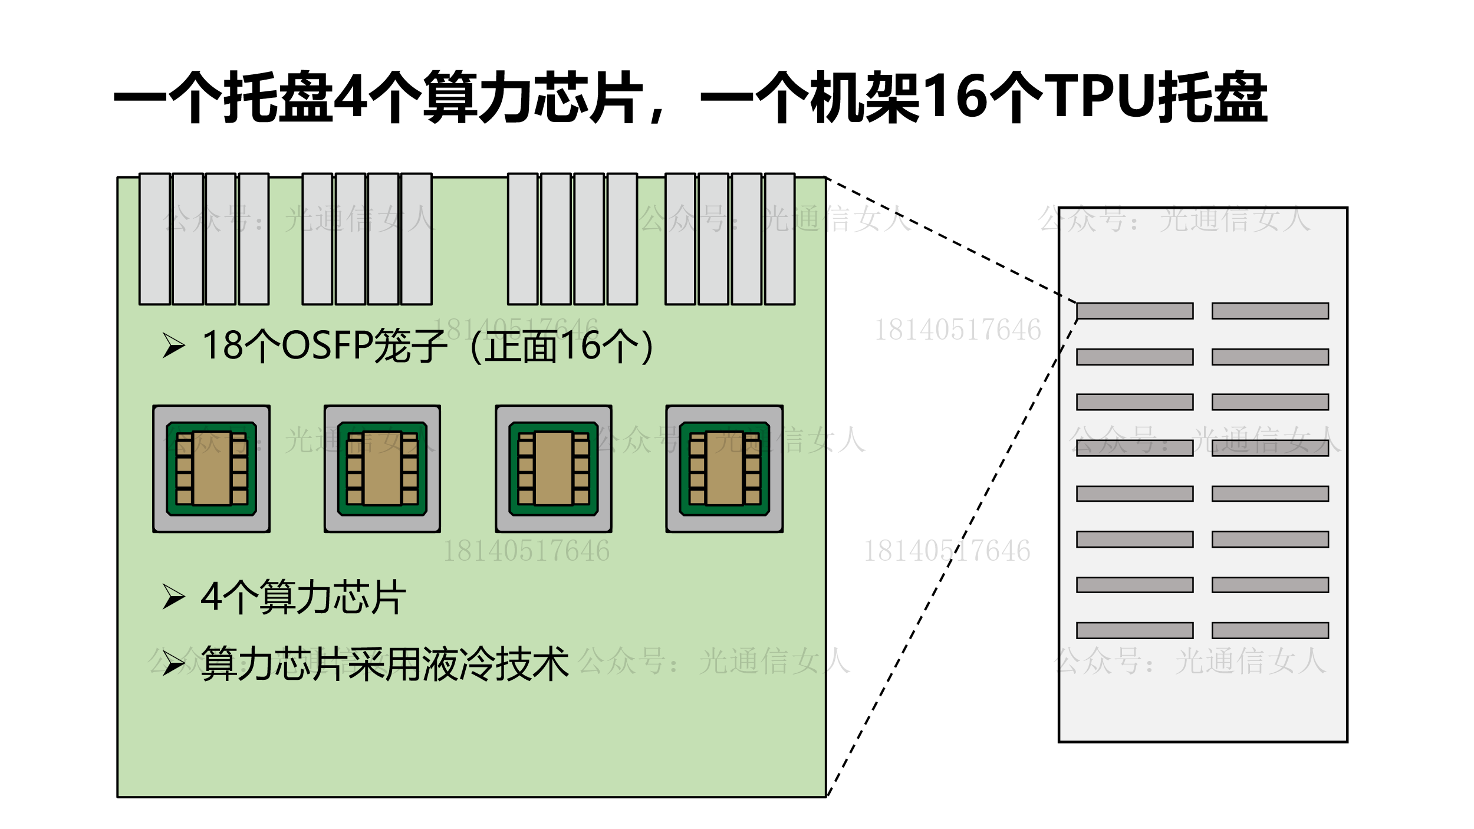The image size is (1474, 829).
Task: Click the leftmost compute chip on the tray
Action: (x=211, y=469)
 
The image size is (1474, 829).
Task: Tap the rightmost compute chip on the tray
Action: (x=724, y=469)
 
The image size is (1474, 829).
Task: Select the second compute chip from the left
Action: (x=382, y=469)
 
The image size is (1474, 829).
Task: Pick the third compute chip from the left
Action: (x=553, y=469)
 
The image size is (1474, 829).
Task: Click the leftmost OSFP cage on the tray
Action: (x=154, y=239)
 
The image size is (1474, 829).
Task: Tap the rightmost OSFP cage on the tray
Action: (x=779, y=239)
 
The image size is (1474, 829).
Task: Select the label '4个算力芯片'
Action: (x=303, y=597)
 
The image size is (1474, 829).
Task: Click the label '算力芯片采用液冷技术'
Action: (x=384, y=664)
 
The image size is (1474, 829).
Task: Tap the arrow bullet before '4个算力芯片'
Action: (x=174, y=597)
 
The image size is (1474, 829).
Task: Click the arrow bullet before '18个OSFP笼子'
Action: (x=174, y=346)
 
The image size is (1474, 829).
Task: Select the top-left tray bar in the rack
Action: (x=1134, y=311)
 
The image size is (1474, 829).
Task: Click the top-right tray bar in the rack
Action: (x=1270, y=311)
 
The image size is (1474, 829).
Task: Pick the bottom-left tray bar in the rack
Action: (x=1134, y=630)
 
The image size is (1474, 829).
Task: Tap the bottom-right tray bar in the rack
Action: (x=1270, y=630)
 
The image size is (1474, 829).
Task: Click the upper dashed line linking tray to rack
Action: (x=949, y=239)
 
